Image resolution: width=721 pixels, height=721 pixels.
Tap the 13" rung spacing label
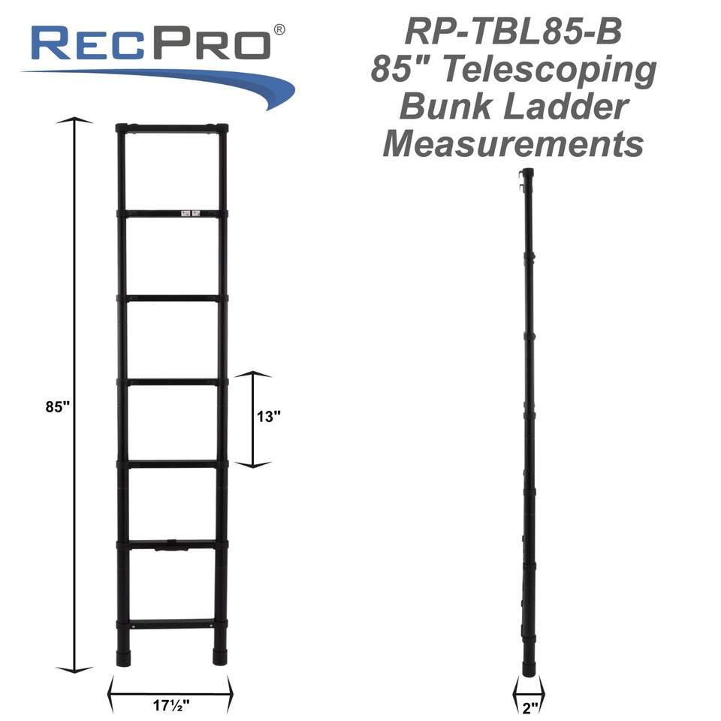(269, 418)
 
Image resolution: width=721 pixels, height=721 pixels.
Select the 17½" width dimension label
(170, 705)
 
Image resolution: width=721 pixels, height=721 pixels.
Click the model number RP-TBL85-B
(513, 32)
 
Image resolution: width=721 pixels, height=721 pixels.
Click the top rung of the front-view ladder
(172, 128)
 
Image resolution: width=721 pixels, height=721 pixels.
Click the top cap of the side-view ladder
(528, 173)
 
